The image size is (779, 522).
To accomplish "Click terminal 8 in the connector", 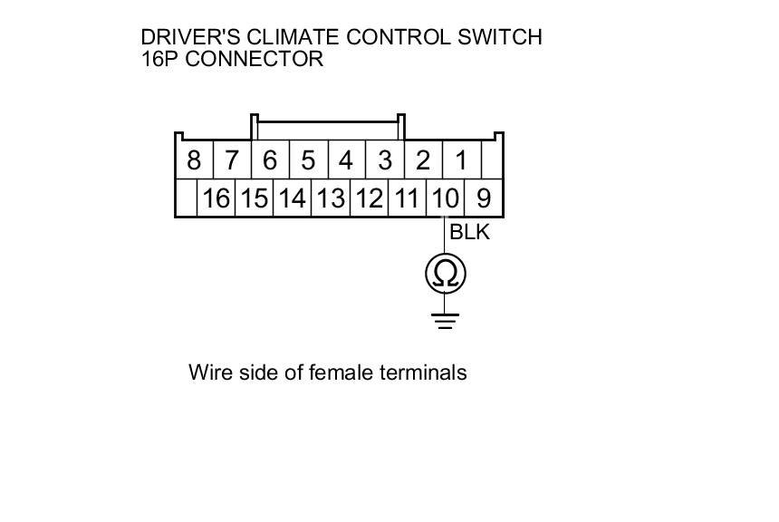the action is [x=193, y=161].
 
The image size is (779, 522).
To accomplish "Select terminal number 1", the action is [x=461, y=161].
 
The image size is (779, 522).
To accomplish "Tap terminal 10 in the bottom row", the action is [x=445, y=198].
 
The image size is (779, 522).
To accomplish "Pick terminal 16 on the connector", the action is [x=216, y=198].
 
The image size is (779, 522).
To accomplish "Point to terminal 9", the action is [x=484, y=198].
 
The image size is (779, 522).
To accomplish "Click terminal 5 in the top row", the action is [x=308, y=161].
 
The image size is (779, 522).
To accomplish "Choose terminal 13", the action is [x=331, y=198].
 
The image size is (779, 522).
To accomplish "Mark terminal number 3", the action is [x=385, y=161].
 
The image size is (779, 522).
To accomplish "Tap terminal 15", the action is [x=255, y=198].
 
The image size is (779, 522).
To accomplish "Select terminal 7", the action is [x=231, y=161].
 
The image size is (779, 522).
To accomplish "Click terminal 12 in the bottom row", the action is [x=369, y=198].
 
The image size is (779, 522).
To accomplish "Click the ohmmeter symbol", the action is [x=445, y=273].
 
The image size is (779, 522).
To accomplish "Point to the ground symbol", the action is [x=445, y=320].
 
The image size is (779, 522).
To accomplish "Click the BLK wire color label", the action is [x=469, y=232].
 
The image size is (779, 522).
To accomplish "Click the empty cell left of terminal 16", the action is [x=187, y=198].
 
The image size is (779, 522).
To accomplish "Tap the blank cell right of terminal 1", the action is [x=491, y=161].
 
